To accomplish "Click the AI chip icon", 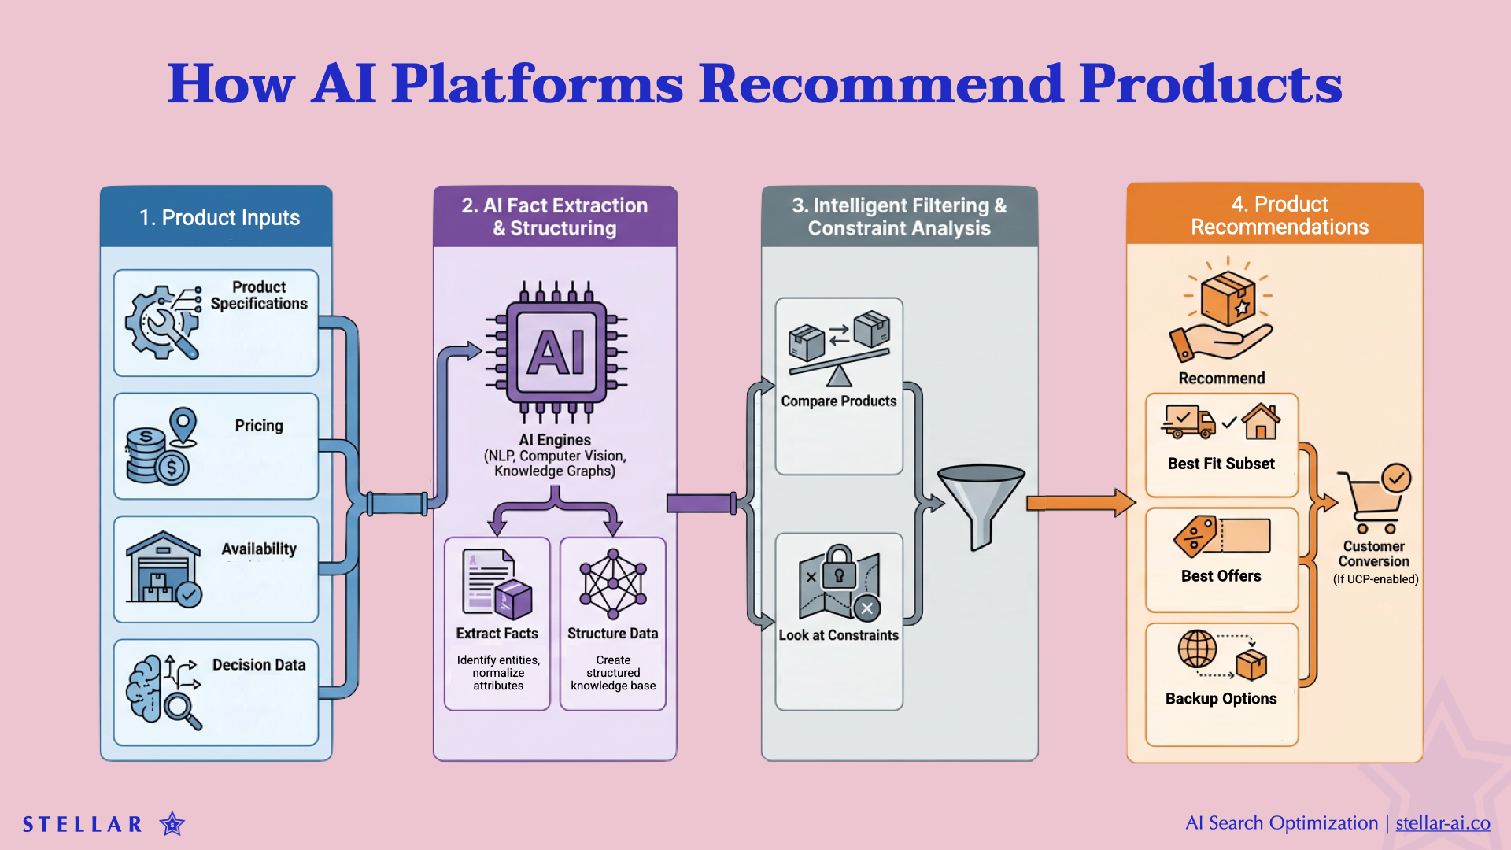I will [x=556, y=351].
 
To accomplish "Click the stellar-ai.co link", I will [x=1443, y=823].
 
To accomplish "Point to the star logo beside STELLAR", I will [x=172, y=824].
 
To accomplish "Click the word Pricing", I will [x=258, y=426].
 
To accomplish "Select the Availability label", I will [x=259, y=549].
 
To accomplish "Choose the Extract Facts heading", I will [x=497, y=634].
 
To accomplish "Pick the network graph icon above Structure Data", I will [x=613, y=583].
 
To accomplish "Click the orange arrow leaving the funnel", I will [x=1080, y=503].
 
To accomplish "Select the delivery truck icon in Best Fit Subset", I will [x=1188, y=422].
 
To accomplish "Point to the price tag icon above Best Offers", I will [x=1195, y=537].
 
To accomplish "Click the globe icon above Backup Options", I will [x=1197, y=649].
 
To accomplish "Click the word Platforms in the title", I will [x=537, y=83].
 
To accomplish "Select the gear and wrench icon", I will [x=162, y=323].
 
